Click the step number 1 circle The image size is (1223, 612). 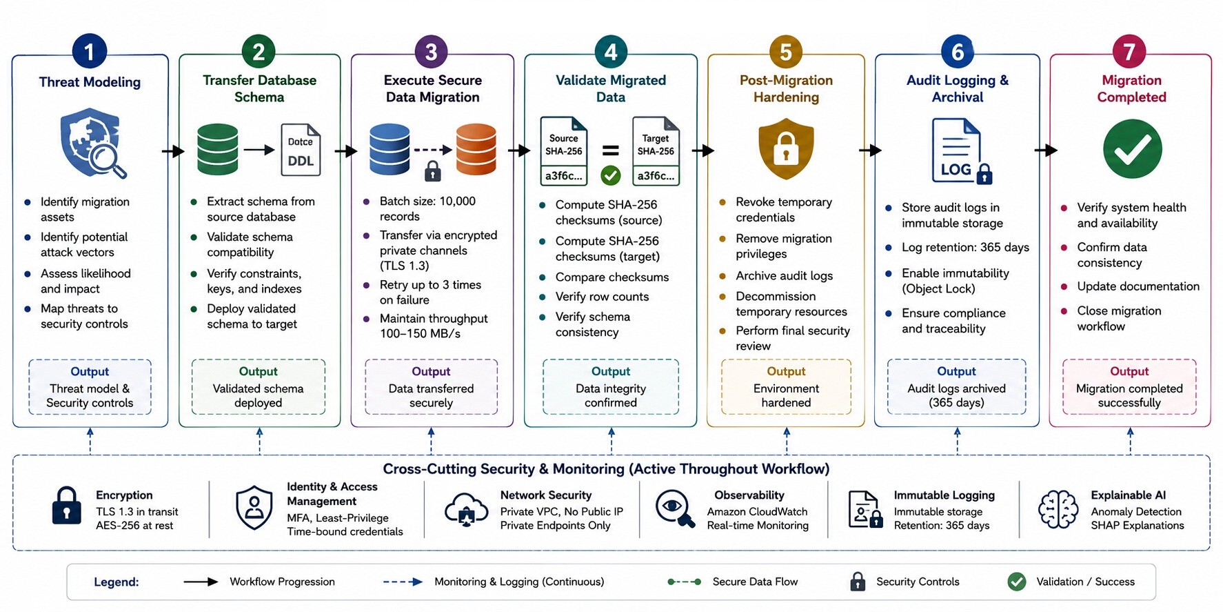[x=90, y=52]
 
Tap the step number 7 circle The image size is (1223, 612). [x=1129, y=52]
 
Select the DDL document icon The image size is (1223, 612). [x=301, y=150]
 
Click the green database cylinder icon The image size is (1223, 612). [x=218, y=149]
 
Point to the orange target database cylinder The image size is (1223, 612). [x=476, y=149]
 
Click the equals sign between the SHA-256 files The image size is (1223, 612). [x=611, y=150]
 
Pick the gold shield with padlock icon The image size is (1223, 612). [x=786, y=148]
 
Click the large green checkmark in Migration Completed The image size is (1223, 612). [x=1132, y=149]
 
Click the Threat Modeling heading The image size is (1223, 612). [x=90, y=82]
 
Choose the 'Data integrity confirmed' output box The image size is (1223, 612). [x=611, y=386]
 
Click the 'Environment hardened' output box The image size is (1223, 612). [x=786, y=386]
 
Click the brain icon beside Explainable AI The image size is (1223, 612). [x=1058, y=510]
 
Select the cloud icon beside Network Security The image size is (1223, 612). [x=467, y=510]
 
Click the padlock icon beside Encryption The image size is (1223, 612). [x=67, y=506]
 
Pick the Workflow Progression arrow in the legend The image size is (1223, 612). [x=201, y=582]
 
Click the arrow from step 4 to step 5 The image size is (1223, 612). [x=703, y=150]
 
